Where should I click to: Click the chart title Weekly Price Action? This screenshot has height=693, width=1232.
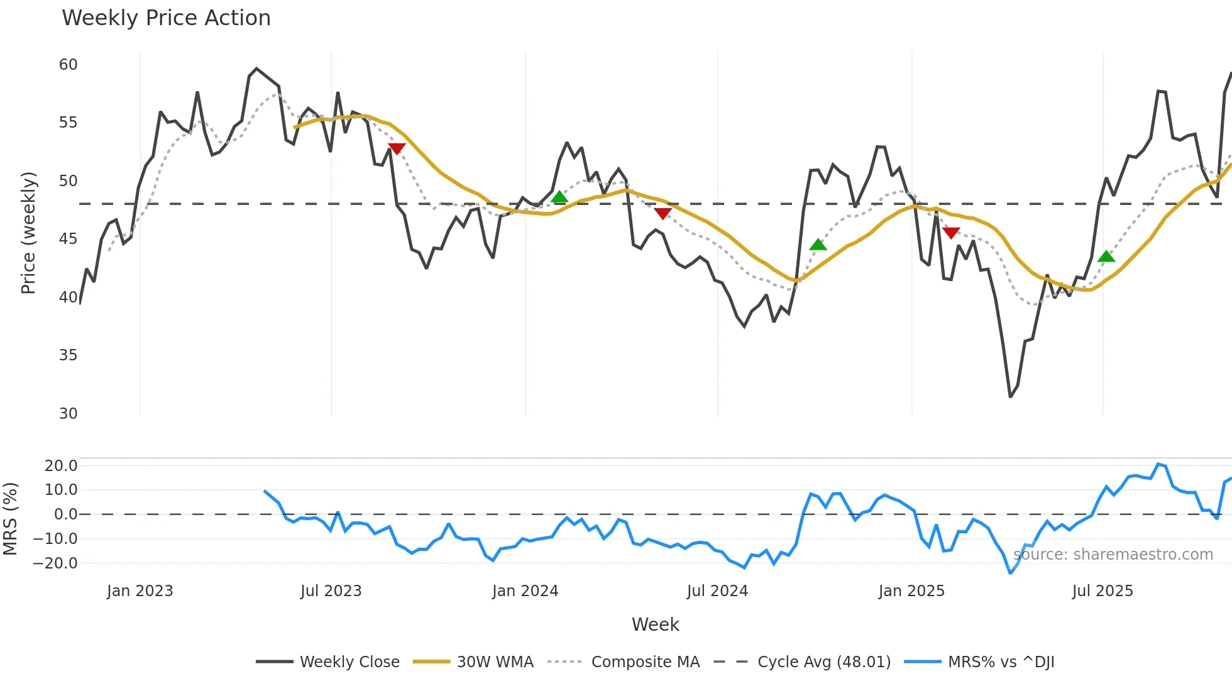click(166, 18)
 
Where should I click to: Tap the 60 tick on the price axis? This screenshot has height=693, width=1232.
click(69, 65)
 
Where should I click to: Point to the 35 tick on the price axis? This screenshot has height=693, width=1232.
click(69, 355)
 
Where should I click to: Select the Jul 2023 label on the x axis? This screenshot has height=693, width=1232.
click(331, 591)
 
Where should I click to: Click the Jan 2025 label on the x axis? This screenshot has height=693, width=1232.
click(911, 591)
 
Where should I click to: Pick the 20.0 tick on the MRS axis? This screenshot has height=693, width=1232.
click(61, 466)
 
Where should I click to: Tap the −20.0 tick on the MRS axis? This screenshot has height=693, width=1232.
click(55, 563)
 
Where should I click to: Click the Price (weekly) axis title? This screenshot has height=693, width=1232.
click(29, 233)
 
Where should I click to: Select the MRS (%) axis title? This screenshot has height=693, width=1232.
click(11, 519)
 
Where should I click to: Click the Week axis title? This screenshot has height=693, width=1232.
click(655, 624)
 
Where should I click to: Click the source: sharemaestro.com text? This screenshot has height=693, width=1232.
click(1113, 555)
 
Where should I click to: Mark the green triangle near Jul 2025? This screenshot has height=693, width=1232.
click(1106, 257)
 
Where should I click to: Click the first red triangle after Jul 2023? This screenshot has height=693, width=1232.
click(397, 148)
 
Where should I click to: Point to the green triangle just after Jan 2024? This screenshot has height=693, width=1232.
click(559, 197)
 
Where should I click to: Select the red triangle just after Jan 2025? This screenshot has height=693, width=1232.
click(951, 233)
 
